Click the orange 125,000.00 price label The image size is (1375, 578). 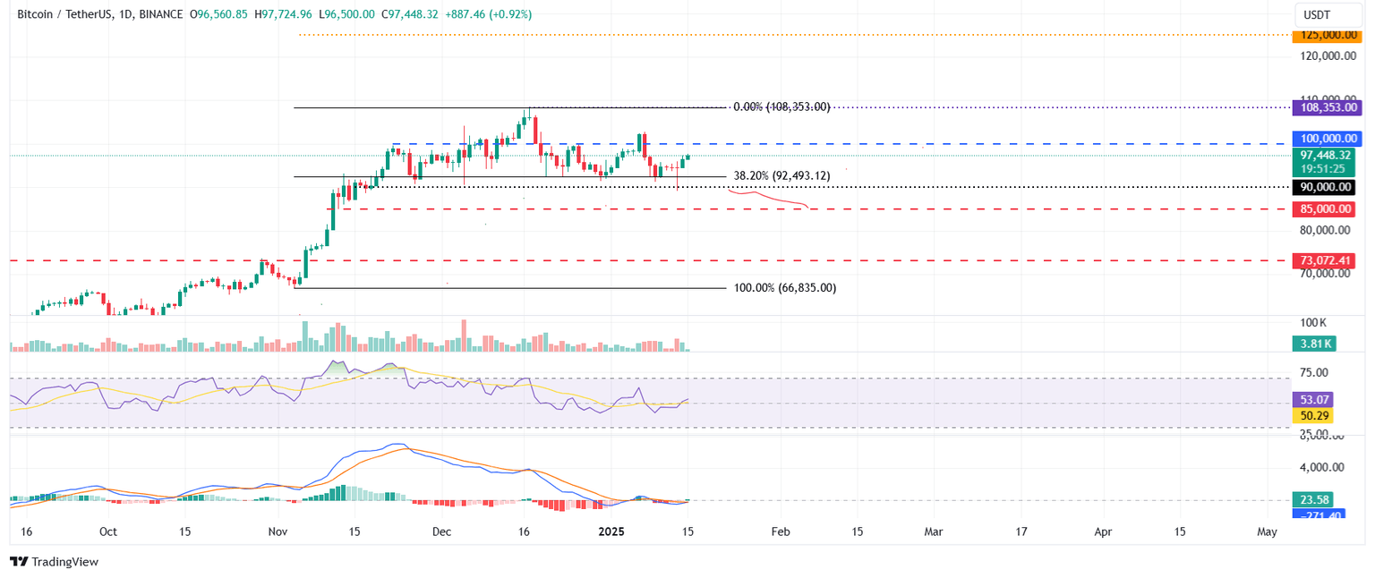(x=1323, y=35)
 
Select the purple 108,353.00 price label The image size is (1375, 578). (x=1323, y=106)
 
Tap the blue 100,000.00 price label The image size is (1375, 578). (x=1323, y=139)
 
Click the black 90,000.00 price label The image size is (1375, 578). (x=1323, y=187)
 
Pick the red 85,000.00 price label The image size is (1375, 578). (x=1323, y=209)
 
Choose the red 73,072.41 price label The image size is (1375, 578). (x=1323, y=260)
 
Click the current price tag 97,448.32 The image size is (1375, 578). (x=1323, y=155)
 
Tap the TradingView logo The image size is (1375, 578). (x=54, y=562)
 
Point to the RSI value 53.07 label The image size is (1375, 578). (x=1312, y=400)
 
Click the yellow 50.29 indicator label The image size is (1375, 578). (x=1312, y=415)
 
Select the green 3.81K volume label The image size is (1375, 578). (x=1312, y=342)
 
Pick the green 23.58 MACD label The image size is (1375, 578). (x=1312, y=500)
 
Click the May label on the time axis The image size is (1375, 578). (x=1266, y=531)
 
